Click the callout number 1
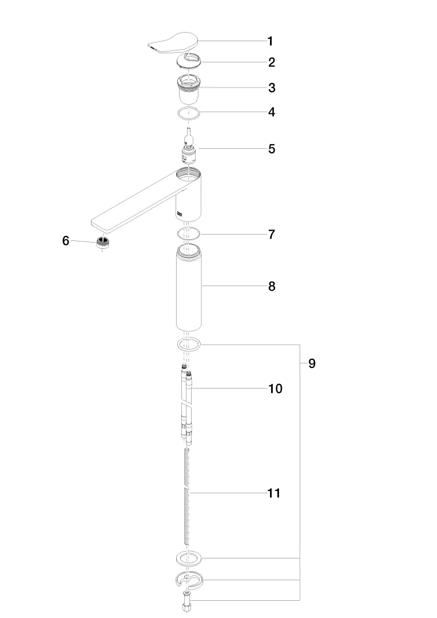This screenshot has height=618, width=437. pyautogui.click(x=270, y=41)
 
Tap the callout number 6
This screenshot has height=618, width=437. pyautogui.click(x=66, y=240)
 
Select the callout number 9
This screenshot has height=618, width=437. pyautogui.click(x=312, y=363)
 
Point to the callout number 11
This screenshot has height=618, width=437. pyautogui.click(x=274, y=493)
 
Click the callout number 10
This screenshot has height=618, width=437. pyautogui.click(x=276, y=389)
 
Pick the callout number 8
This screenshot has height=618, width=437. pyautogui.click(x=272, y=287)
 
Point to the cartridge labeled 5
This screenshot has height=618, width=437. pyautogui.click(x=188, y=146)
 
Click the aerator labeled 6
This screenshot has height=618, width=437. pyautogui.click(x=103, y=242)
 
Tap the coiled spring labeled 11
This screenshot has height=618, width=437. pyautogui.click(x=188, y=497)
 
